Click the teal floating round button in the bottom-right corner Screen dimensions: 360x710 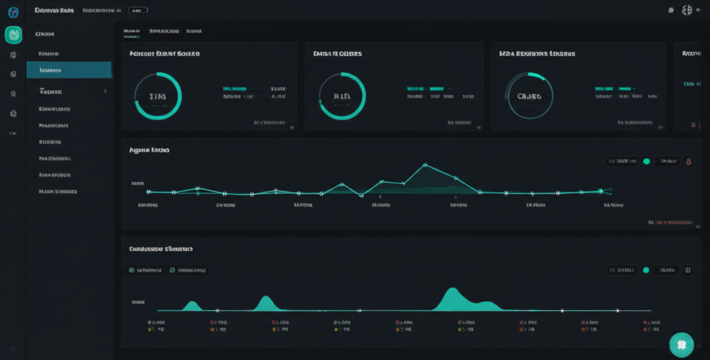pyautogui.click(x=681, y=345)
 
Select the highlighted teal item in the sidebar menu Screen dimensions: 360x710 pyautogui.click(x=69, y=70)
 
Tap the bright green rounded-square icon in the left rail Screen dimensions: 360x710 pyautogui.click(x=13, y=35)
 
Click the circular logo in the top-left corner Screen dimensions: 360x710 pyautogui.click(x=13, y=12)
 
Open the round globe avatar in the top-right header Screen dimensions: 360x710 pyautogui.click(x=687, y=10)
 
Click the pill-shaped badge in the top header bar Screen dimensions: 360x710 pyautogui.click(x=138, y=11)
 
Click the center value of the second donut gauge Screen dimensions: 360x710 pyautogui.click(x=341, y=96)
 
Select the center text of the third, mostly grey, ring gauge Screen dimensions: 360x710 pyautogui.click(x=529, y=96)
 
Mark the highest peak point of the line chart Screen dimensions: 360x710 pyautogui.click(x=425, y=165)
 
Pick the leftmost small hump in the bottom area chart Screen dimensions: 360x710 pyautogui.click(x=191, y=305)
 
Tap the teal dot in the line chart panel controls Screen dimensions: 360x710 pyautogui.click(x=646, y=161)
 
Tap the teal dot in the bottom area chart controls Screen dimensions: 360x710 pyautogui.click(x=646, y=270)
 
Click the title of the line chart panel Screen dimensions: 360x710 pyautogui.click(x=150, y=149)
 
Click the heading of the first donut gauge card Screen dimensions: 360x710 pyautogui.click(x=165, y=53)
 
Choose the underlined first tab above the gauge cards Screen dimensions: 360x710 pyautogui.click(x=132, y=31)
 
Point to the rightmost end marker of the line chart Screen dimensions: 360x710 pyautogui.click(x=609, y=190)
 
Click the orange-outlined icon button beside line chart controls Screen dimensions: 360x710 pyautogui.click(x=689, y=161)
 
